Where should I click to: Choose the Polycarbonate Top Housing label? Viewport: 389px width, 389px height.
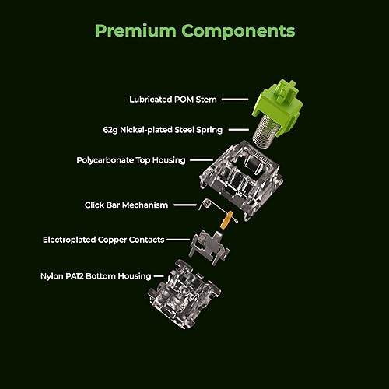coord(131,160)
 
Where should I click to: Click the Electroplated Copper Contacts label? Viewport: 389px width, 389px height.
coord(103,240)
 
